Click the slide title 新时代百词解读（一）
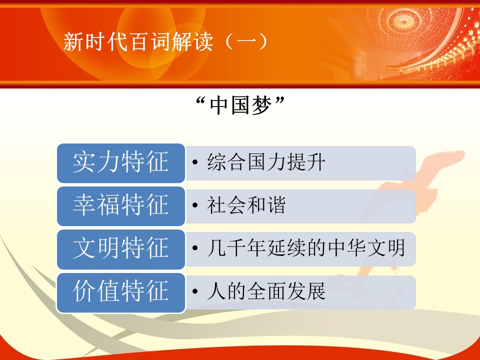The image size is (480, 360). click(x=165, y=41)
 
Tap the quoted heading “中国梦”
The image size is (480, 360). click(x=240, y=105)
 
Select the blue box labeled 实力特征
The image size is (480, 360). click(x=121, y=163)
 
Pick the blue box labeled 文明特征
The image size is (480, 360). click(x=121, y=249)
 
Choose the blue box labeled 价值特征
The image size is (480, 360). click(x=121, y=292)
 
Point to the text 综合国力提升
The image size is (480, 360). click(x=266, y=162)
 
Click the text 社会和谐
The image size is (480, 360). click(x=246, y=205)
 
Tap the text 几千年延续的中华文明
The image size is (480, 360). click(x=306, y=248)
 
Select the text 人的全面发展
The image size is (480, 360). click(x=266, y=291)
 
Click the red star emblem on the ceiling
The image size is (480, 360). click(x=404, y=22)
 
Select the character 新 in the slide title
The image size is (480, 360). click(x=73, y=42)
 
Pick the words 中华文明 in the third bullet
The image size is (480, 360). click(x=366, y=248)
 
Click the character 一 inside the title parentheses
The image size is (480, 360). click(x=245, y=42)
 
